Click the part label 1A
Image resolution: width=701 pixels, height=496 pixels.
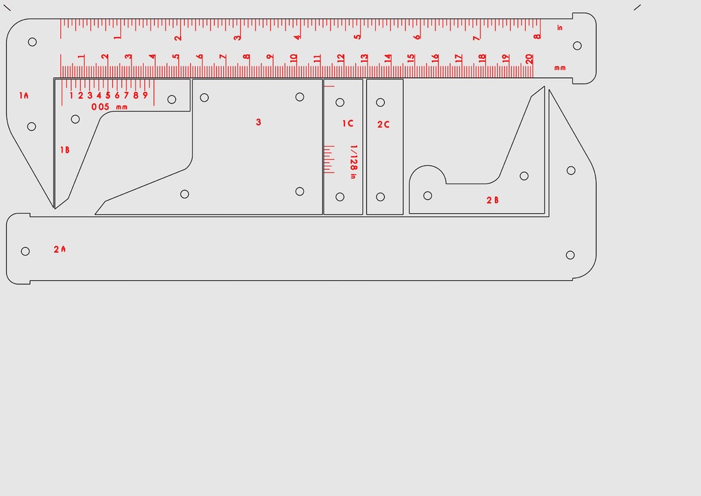(x=24, y=95)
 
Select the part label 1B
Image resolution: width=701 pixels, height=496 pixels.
(x=64, y=149)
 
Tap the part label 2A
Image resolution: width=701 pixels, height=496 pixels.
(x=60, y=249)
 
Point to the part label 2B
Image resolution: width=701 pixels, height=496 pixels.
(x=492, y=200)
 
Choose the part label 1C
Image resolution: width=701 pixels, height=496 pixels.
(x=348, y=123)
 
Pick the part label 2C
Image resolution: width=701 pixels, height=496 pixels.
(x=383, y=125)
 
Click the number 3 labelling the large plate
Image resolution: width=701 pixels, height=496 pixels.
(x=258, y=122)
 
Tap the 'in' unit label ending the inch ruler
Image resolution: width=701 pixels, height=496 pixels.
(x=560, y=28)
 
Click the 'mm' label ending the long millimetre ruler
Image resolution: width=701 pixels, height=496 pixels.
(x=560, y=68)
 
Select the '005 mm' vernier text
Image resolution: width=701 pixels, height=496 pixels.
(x=110, y=107)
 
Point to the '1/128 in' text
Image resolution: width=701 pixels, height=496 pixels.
(x=353, y=162)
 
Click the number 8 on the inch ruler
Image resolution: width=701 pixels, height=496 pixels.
(x=537, y=36)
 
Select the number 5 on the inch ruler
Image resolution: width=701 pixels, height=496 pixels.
(x=357, y=36)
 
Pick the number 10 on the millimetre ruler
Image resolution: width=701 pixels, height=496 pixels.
(x=293, y=58)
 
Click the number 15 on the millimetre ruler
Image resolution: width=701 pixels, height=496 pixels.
(x=411, y=59)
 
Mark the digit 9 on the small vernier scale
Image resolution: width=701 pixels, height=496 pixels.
(x=145, y=95)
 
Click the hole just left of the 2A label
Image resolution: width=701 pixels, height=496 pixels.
(x=25, y=251)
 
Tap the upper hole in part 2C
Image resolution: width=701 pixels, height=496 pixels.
(x=381, y=102)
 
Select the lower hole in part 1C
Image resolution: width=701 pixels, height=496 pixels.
(x=340, y=197)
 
